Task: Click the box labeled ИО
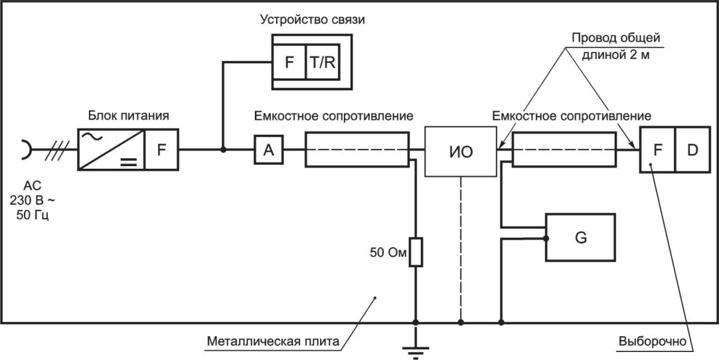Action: coord(461,152)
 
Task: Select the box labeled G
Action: coord(580,237)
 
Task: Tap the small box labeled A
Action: coord(269,149)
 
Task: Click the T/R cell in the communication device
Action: coord(323,62)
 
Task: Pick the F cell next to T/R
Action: coord(289,62)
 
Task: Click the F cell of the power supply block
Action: coord(161,149)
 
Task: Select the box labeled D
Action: coord(692,150)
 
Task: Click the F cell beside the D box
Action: coord(657,150)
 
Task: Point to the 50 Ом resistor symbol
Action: coord(416,252)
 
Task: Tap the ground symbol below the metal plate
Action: coord(416,352)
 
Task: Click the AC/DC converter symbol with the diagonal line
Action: coord(112,149)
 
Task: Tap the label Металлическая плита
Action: coord(274,341)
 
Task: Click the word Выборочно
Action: coord(651,341)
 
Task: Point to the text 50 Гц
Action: coord(32,215)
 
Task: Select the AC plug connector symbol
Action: coord(27,149)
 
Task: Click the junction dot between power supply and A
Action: coord(223,149)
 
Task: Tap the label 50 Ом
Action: coord(388,252)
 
